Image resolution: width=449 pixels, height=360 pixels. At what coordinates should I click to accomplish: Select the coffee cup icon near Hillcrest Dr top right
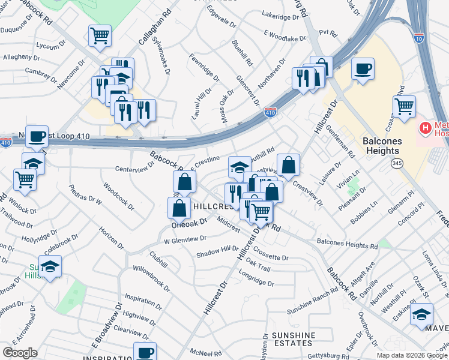pos(363,70)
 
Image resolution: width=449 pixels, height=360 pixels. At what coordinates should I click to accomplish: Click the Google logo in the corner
pos(20,353)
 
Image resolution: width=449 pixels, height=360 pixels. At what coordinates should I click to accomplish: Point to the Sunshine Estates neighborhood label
pos(292,339)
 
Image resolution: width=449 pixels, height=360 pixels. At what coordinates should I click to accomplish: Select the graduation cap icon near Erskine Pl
pos(421,314)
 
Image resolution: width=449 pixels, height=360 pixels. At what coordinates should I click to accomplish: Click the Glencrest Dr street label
pos(248,89)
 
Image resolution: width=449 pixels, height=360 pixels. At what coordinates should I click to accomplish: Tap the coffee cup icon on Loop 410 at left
pos(37,136)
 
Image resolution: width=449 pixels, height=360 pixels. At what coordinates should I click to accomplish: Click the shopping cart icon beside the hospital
pos(404,107)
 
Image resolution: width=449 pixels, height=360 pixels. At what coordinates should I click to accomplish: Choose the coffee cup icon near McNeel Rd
pos(144,352)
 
